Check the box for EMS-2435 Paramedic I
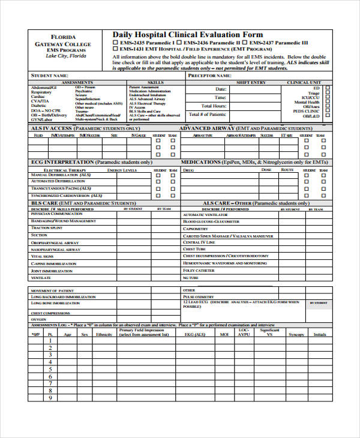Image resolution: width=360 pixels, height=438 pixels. [116, 44]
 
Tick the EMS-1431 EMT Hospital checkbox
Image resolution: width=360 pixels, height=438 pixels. [116, 50]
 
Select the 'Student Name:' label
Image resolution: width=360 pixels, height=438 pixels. [49, 76]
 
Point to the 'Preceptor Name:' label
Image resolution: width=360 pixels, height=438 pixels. [209, 76]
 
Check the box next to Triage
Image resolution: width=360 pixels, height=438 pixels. [328, 94]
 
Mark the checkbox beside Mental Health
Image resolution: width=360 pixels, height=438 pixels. [328, 102]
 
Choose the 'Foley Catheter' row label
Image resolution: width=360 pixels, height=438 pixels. [199, 271]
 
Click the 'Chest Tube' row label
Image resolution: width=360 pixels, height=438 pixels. [194, 249]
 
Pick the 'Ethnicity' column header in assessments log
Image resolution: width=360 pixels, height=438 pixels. [104, 334]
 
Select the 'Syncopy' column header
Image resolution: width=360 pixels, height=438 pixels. [296, 334]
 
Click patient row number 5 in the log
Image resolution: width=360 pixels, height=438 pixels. [50, 372]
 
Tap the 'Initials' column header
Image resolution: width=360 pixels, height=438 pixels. [320, 334]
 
